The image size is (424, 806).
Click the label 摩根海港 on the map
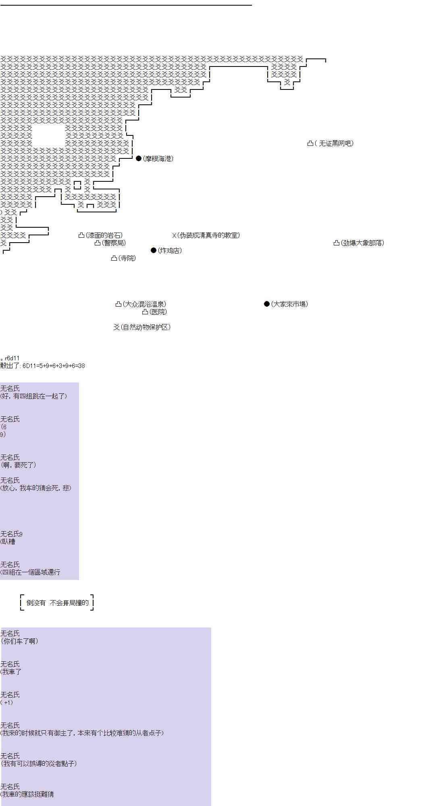tap(158, 159)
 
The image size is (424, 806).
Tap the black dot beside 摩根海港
tap(139, 158)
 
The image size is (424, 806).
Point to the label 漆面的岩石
tap(104, 235)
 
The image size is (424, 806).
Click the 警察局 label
tap(114, 243)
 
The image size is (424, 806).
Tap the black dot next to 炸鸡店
tap(153, 250)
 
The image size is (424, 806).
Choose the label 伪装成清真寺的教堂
tap(209, 235)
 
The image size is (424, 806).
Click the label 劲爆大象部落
tap(362, 243)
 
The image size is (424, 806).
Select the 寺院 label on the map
tap(127, 258)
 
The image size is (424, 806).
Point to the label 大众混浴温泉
tap(144, 304)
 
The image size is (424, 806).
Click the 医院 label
tap(158, 312)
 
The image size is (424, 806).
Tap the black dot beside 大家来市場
tap(266, 304)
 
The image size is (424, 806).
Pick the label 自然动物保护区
tap(145, 327)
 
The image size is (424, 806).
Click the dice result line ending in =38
tap(43, 366)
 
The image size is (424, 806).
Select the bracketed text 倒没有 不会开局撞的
tap(57, 603)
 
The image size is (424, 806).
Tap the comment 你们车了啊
tap(20, 641)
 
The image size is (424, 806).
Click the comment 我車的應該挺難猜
tap(27, 794)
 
